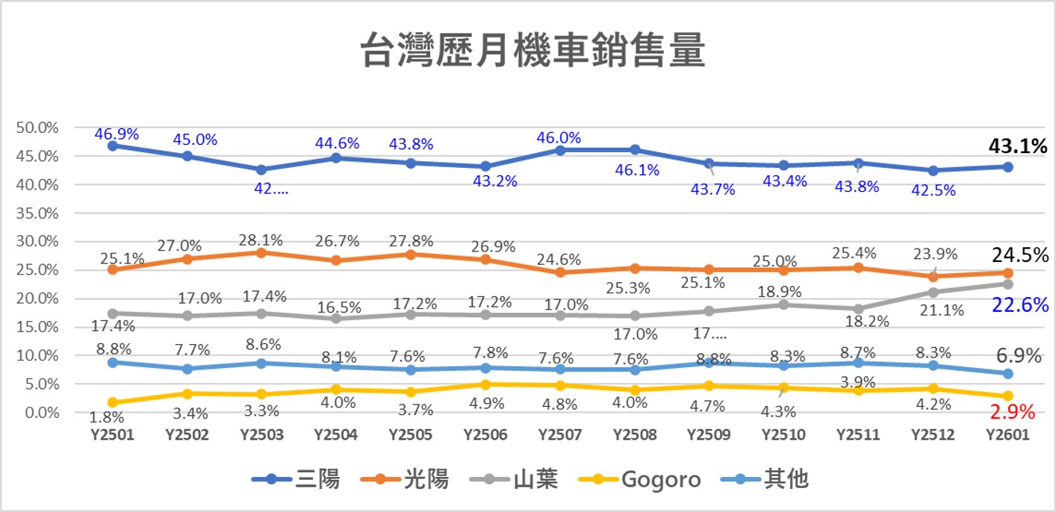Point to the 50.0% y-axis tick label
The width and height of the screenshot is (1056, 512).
(x=37, y=128)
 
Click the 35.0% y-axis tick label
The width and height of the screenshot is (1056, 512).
(x=37, y=213)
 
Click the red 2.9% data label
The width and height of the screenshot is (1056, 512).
(x=1012, y=412)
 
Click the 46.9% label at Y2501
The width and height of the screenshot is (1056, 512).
(x=117, y=134)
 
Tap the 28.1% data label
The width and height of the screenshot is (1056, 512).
(x=261, y=241)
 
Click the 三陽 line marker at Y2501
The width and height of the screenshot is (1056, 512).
(x=112, y=146)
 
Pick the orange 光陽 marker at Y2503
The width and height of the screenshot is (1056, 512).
(x=261, y=253)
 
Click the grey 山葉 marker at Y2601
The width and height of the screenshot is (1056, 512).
(x=1007, y=284)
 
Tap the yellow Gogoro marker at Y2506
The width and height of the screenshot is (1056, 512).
(x=485, y=385)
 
